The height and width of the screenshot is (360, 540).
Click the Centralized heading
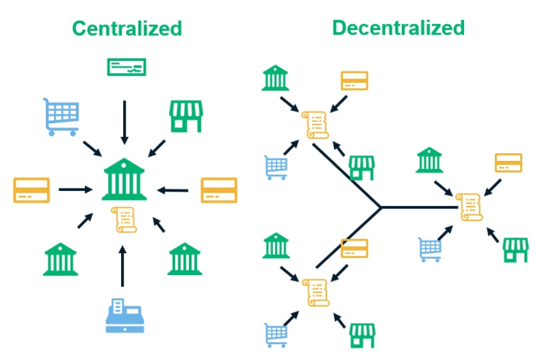(127, 28)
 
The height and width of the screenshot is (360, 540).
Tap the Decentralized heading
(399, 28)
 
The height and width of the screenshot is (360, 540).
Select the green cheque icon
(126, 67)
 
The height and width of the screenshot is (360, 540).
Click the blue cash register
(125, 315)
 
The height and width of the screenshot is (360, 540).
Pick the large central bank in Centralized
(124, 179)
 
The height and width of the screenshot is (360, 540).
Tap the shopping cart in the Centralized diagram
(62, 117)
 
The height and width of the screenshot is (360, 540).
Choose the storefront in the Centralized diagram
(186, 116)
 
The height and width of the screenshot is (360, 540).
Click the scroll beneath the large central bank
(124, 220)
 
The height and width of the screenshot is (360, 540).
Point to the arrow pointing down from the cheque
(124, 123)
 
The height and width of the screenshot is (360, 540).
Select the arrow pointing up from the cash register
(122, 266)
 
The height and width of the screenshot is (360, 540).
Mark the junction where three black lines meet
(381, 207)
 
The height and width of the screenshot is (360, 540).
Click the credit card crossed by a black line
(354, 248)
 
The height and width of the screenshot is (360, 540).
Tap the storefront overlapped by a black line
(361, 168)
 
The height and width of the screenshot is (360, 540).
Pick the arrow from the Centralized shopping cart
(92, 148)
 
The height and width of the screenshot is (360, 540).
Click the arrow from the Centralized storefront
(157, 148)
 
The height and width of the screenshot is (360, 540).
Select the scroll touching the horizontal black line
(468, 207)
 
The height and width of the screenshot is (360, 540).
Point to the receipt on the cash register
(118, 306)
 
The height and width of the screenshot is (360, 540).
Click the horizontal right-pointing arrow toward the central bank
(75, 189)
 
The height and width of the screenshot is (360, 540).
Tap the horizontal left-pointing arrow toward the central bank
(173, 190)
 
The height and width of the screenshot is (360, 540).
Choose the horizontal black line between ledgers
(419, 207)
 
